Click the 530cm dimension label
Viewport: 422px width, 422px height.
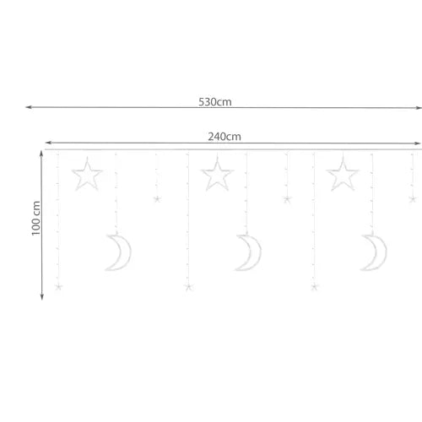coord(213,101)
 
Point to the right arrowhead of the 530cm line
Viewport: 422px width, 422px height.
coord(397,107)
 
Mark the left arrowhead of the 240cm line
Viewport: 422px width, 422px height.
coord(48,142)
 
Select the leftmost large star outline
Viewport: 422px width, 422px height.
coord(86,176)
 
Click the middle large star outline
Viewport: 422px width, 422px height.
coord(216,176)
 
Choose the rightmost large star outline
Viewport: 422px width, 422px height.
coord(342,176)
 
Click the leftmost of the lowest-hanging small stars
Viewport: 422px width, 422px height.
coord(59,287)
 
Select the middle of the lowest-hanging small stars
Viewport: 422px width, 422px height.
coord(188,287)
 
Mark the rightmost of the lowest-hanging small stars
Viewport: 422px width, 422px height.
coord(314,287)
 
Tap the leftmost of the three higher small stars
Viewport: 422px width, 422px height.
coord(157,199)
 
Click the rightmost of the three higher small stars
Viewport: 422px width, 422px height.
coord(413,199)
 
